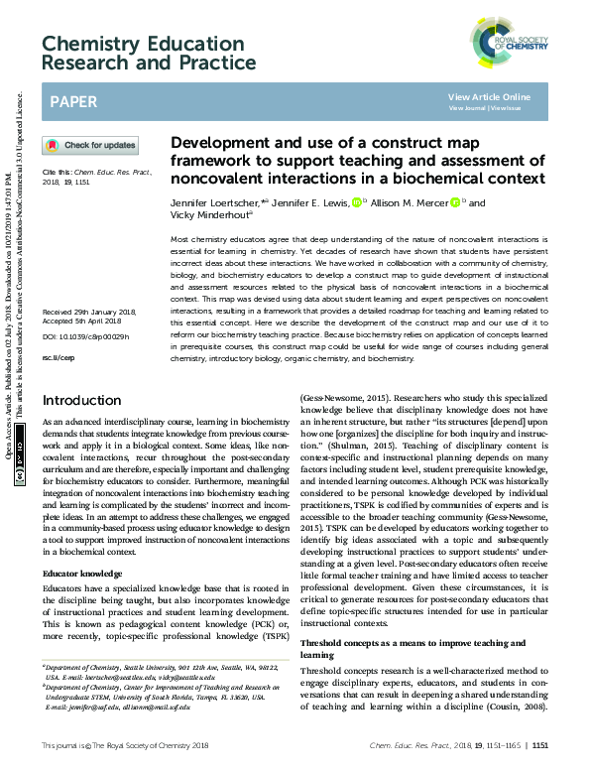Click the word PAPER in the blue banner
73,102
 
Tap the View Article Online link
489,96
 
